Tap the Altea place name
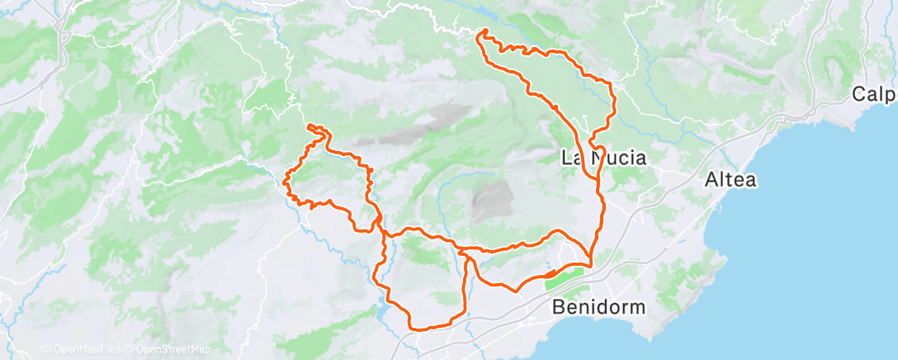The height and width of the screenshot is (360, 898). (730, 179)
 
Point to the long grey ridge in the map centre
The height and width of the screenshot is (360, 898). (429, 124)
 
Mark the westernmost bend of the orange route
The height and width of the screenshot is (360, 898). (286, 180)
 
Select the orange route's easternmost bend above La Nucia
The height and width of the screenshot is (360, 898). (615, 99)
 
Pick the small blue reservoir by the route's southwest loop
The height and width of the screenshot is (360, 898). (381, 313)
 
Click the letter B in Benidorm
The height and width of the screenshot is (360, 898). (558, 307)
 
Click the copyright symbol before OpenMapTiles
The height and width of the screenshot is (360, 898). (45, 349)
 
